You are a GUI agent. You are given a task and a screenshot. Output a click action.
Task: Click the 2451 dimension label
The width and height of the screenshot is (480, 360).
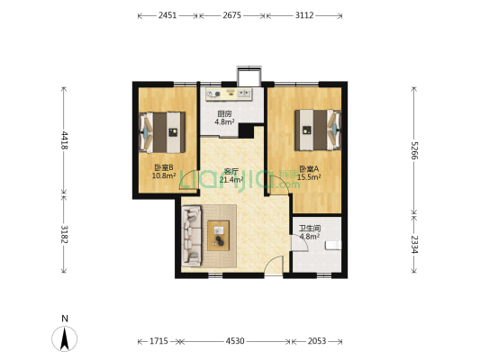pos(168,15)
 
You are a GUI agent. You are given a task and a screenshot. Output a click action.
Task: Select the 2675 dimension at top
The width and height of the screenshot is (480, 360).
pos(231,15)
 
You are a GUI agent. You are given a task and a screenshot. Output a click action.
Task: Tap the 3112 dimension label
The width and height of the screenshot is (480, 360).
pos(304,15)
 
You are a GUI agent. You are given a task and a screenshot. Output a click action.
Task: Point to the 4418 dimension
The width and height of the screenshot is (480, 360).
pos(64,140)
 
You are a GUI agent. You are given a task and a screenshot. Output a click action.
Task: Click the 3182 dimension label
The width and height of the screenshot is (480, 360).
pos(64,234)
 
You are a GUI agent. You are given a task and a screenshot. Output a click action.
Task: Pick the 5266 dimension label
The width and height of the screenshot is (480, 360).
pos(414,150)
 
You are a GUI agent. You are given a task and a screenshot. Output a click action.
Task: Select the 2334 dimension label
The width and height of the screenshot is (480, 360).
pos(414,244)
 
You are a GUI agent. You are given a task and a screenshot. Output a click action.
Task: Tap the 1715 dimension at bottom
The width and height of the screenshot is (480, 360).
pos(158,341)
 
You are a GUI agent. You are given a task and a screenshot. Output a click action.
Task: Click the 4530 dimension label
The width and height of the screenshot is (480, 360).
pos(235,341)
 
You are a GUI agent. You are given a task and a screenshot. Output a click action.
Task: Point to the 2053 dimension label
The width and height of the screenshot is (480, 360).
pos(317,341)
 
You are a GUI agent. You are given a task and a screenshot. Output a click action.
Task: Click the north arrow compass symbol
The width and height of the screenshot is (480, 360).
pos(64,338)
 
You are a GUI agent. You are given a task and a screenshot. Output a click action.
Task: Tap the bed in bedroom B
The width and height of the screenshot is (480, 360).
pos(162,132)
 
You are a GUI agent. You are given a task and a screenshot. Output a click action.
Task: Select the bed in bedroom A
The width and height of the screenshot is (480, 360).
pos(318,130)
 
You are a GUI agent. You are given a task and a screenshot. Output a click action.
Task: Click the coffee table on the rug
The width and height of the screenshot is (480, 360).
pos(218,236)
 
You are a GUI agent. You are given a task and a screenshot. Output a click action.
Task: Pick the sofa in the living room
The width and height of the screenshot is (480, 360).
pos(191,236)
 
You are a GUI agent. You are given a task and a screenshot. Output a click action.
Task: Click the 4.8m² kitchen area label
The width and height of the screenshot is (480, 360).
pos(224,121)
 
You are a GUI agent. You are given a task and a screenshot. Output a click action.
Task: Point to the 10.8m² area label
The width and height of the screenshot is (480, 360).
pos(164,175)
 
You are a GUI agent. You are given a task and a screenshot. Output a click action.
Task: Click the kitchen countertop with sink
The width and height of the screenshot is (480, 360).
pos(229,94)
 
